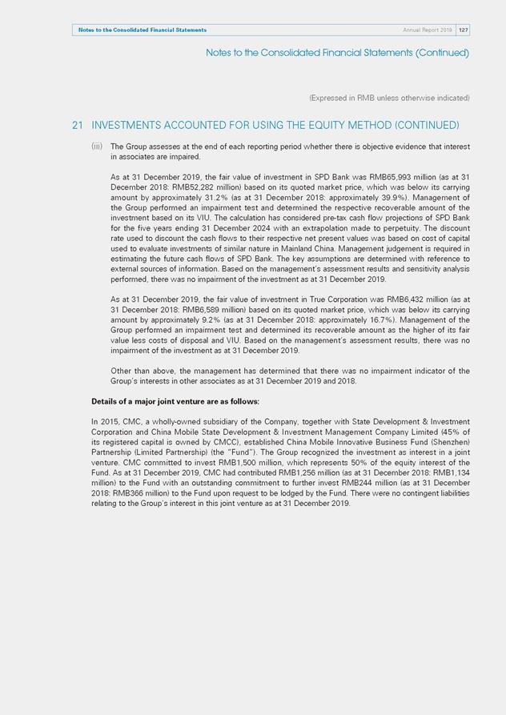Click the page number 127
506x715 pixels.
coord(464,30)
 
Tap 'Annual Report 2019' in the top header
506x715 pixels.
coord(428,30)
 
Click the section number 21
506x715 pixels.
coord(78,126)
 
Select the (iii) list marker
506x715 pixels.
coord(97,147)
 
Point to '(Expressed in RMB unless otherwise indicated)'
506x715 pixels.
coord(389,98)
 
